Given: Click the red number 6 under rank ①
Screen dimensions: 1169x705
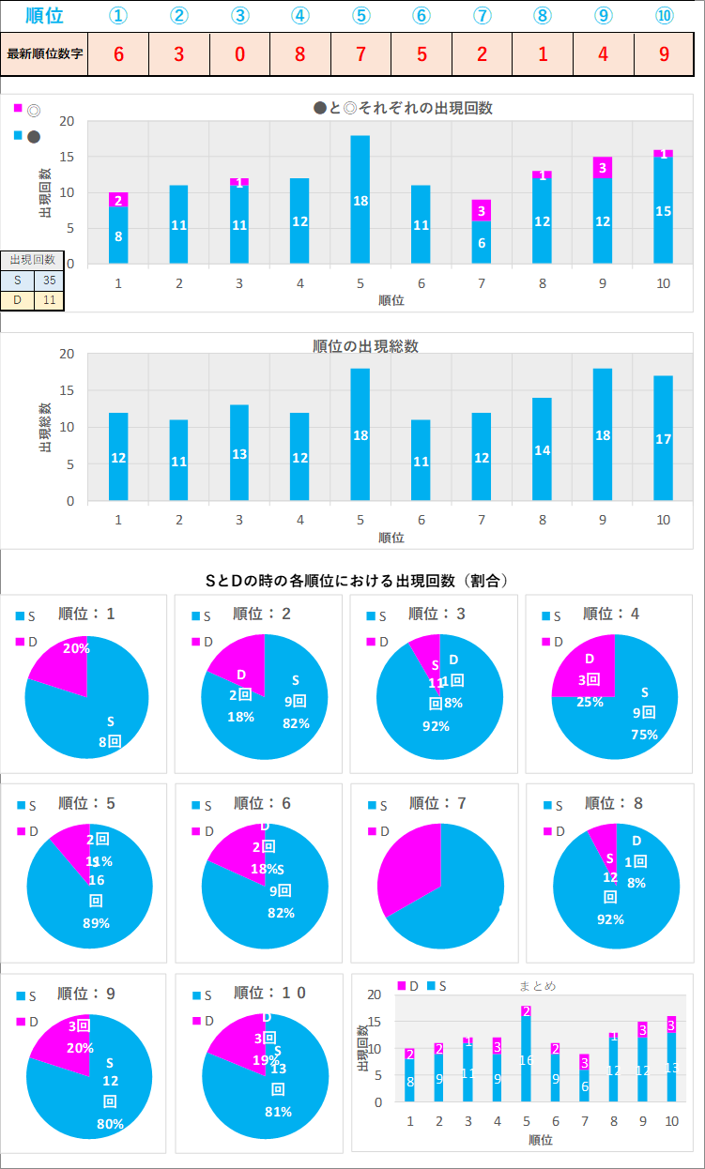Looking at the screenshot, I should tap(118, 53).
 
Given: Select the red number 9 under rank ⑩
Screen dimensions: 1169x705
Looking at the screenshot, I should tap(664, 53).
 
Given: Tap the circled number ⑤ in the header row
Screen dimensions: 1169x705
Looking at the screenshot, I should tap(360, 16).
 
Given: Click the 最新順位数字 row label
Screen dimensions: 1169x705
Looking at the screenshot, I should tap(45, 53).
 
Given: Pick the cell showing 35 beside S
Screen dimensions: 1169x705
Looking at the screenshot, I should tap(49, 280).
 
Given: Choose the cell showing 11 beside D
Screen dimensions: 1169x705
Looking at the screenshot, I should tap(49, 300).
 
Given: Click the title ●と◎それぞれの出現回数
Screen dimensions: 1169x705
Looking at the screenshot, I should tap(403, 108).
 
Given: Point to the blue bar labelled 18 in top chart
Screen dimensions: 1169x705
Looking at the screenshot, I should tap(360, 200).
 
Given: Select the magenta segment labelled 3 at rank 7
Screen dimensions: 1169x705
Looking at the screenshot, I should tap(481, 210).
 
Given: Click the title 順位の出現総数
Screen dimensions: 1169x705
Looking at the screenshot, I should tap(365, 346).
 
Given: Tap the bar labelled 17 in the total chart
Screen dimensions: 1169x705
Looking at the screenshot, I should tap(663, 438).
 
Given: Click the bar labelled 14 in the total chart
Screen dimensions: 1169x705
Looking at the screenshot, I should tap(542, 449).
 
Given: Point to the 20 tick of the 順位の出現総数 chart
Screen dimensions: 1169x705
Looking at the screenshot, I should tap(66, 354).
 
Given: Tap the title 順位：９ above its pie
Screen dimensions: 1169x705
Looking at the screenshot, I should tap(86, 993).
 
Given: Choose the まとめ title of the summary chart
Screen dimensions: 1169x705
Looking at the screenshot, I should tap(537, 986).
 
